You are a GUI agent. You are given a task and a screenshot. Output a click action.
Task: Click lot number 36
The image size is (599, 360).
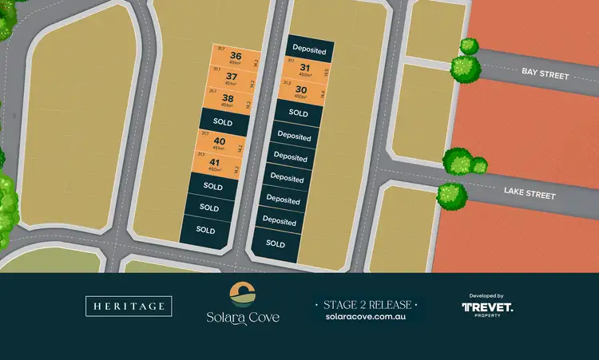pos(234,57)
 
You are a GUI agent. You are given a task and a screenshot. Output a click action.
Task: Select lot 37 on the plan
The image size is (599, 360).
pos(232,79)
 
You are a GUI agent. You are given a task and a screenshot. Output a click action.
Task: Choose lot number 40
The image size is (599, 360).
pos(220,144)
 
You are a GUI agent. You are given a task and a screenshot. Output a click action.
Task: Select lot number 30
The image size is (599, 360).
pos(300,91)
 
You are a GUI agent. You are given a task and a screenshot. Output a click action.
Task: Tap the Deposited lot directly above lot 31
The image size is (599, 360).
pos(308,49)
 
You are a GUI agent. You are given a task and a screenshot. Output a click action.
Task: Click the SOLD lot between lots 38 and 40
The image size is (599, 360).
pos(223,123)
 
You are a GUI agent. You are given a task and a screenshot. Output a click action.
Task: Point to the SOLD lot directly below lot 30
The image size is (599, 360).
pos(299,113)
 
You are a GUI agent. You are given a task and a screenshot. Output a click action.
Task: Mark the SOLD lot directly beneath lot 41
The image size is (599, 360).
pos(212,186)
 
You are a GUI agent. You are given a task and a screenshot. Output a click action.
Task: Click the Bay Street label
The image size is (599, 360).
pos(545,74)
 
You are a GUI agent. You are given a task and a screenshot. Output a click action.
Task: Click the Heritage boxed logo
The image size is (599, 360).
pos(128,305)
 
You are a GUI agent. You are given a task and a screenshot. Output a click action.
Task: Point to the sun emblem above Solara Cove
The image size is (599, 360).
pos(242,294)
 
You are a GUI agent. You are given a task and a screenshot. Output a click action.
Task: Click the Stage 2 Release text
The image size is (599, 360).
pos(367,304)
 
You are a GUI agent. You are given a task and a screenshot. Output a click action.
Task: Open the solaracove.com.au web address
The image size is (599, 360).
pos(367,317)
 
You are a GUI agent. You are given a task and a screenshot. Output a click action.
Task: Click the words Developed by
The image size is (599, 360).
pos(487,295)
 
